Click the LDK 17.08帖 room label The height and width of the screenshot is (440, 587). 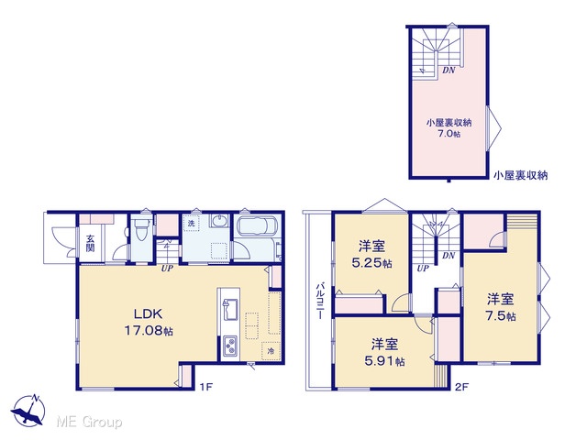coord(149,322)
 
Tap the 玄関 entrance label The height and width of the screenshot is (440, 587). coord(90,243)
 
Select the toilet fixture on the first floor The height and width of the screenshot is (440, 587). coord(141,229)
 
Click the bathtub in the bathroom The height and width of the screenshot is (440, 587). coord(258,228)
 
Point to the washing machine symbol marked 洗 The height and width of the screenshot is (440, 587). coord(192,224)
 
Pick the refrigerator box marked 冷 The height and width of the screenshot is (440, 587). coord(271,350)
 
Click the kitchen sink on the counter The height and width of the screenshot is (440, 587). coord(229,309)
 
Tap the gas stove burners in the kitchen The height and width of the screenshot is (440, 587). coord(229,346)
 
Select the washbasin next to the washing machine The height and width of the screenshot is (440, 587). coord(218,221)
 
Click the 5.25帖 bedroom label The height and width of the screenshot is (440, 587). coord(371,255)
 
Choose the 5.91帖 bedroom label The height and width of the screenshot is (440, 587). coord(384,352)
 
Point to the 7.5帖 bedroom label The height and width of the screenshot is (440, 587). coord(501,308)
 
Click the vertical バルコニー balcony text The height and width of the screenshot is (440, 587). coord(320,301)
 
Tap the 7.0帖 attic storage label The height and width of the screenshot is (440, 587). coord(449,128)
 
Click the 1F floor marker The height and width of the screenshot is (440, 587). coord(205,387)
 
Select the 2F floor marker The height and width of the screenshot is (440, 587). coord(462,387)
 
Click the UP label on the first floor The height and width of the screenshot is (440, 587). coord(167,269)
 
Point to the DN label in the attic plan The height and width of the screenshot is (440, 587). coord(449,70)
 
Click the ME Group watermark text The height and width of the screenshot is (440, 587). coord(89,423)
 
